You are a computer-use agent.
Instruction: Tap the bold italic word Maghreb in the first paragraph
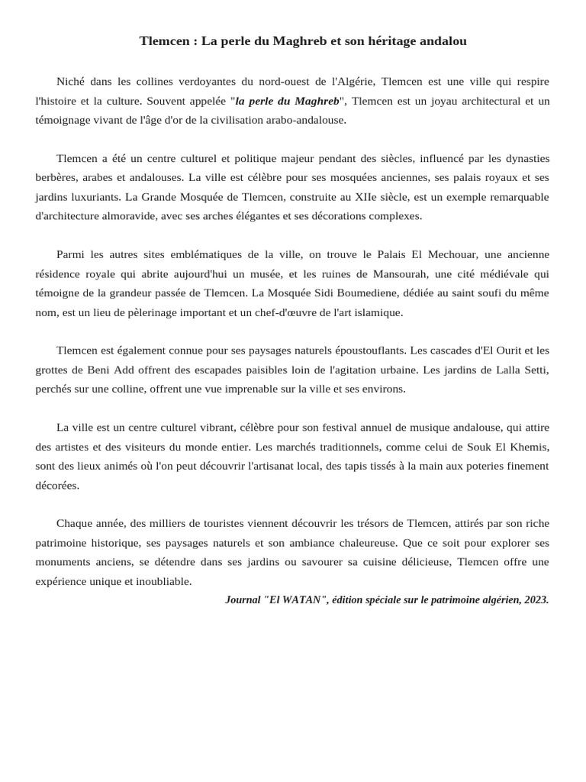[x=317, y=101]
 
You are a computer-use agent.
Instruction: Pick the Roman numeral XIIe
[x=365, y=197]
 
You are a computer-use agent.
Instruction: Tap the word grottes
[x=52, y=370]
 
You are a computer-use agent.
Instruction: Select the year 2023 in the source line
[x=535, y=600]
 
